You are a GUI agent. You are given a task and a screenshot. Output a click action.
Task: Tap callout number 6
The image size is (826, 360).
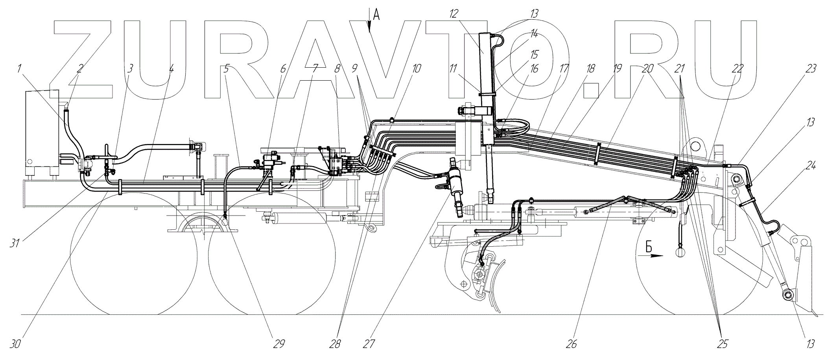pyautogui.click(x=283, y=68)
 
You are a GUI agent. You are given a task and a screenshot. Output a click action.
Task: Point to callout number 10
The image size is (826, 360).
pyautogui.click(x=417, y=68)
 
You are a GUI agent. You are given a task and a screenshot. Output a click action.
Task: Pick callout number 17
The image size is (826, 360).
pyautogui.click(x=564, y=68)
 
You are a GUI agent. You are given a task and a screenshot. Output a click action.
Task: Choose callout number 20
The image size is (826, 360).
pyautogui.click(x=647, y=68)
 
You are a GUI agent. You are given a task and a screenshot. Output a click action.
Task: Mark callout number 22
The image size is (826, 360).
pyautogui.click(x=738, y=68)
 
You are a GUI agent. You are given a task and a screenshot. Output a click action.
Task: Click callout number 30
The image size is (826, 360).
pyautogui.click(x=16, y=344)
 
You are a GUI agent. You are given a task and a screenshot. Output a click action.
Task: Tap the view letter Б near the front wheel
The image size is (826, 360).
pyautogui.click(x=649, y=247)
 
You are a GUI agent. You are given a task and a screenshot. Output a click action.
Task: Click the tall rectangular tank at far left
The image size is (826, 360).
pyautogui.click(x=42, y=133)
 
